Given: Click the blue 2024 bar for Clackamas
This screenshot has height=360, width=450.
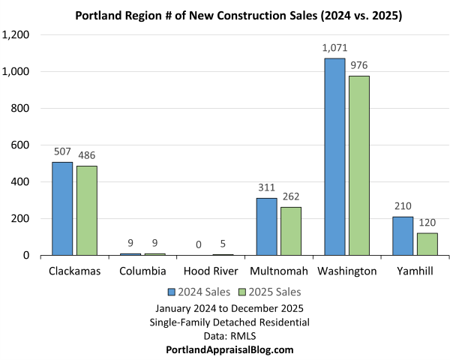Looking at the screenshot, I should click(62, 208).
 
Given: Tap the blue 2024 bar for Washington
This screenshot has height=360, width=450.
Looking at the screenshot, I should click(334, 157).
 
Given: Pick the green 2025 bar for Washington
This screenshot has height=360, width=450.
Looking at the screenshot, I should click(358, 166).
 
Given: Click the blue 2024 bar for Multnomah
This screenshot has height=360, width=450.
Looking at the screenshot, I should click(266, 226).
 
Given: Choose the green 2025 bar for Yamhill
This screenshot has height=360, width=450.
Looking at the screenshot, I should click(427, 244).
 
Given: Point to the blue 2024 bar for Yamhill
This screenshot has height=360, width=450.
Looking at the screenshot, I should click(403, 235).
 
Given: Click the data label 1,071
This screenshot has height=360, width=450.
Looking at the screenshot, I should click(334, 49).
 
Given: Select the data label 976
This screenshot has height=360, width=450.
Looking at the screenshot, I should click(358, 66).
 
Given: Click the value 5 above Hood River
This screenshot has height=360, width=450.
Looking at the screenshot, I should click(222, 244).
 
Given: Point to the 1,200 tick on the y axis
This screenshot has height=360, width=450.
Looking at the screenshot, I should click(16, 35).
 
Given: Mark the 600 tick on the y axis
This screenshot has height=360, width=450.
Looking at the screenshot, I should click(20, 145).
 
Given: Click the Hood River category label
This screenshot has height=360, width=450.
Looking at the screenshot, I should click(210, 271).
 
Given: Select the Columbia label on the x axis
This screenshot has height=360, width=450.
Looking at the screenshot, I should click(142, 271).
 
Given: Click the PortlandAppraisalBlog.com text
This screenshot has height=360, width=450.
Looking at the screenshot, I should click(229, 349).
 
